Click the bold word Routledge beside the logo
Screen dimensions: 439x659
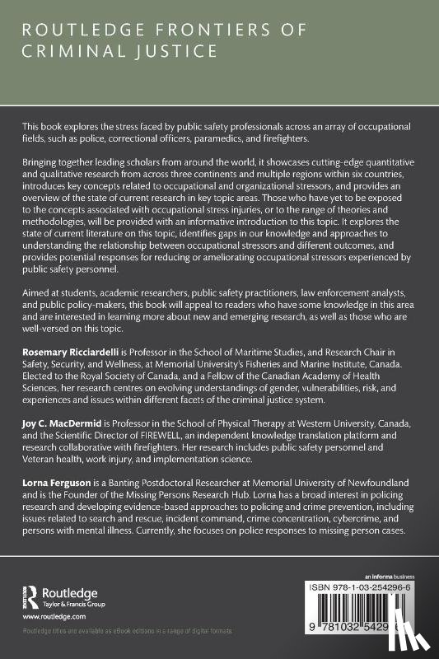coord(74,591)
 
